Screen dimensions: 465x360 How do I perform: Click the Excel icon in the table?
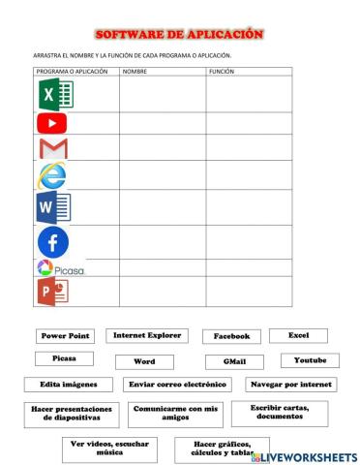[55, 94]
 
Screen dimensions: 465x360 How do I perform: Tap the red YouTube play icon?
[52, 123]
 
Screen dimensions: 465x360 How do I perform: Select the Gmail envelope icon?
[53, 149]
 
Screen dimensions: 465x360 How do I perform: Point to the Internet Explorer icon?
[51, 176]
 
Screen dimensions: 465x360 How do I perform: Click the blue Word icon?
[52, 206]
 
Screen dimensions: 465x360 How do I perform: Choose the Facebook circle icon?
[53, 241]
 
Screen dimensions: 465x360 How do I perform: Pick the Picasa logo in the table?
[60, 268]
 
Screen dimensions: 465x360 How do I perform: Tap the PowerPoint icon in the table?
[52, 292]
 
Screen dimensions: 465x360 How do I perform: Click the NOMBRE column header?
[135, 72]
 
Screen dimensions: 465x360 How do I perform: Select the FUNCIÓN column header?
[221, 72]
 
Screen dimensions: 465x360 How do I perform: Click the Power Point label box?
[65, 336]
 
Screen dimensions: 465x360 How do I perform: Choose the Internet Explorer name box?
[147, 335]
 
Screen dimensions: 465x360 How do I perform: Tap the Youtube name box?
[310, 360]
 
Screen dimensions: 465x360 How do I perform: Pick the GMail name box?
[234, 361]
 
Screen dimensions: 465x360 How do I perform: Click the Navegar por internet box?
[290, 385]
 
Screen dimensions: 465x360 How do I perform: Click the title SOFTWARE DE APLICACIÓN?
[179, 34]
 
